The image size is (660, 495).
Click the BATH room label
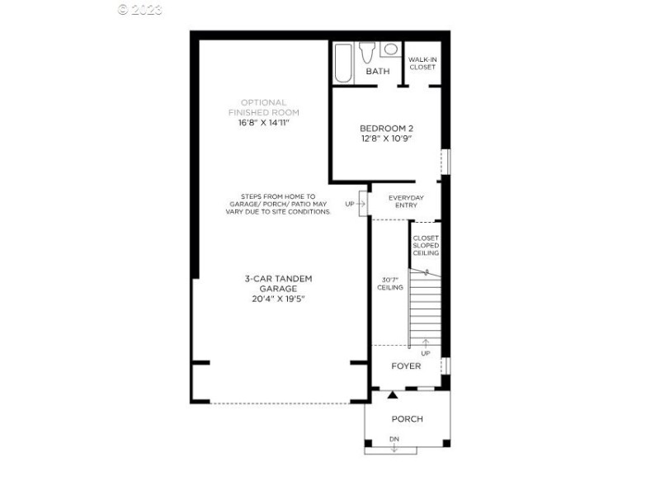378,72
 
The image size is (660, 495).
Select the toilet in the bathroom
368,51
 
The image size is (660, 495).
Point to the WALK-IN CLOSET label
422,63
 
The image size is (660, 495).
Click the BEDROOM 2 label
386,128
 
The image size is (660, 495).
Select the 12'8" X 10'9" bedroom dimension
386,139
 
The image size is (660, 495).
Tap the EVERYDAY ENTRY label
406,201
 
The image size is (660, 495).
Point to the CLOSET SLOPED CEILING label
426,245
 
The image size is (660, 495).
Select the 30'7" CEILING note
390,283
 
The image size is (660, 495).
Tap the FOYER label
406,366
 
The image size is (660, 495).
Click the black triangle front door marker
391,397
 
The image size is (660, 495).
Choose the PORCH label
407,419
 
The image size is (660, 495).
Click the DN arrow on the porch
394,444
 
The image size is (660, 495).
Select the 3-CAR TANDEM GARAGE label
278,284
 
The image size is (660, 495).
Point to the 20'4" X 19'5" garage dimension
278,299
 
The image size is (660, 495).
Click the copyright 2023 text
140,10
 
